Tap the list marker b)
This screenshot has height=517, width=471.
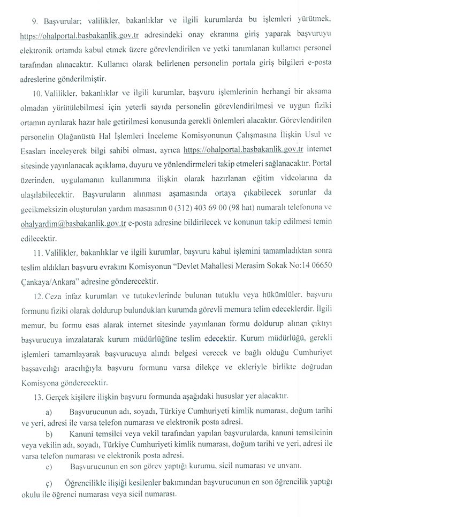(x=49, y=432)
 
